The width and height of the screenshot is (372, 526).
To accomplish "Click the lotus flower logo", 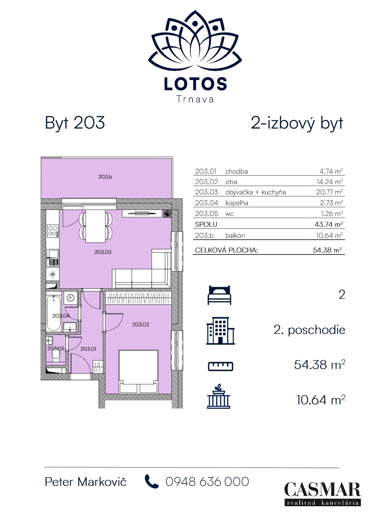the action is tap(195, 42).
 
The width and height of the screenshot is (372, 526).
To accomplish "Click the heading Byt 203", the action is tap(75, 123).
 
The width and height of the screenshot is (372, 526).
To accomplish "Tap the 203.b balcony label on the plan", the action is tap(105, 177).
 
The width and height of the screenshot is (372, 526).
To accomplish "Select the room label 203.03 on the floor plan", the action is tap(103, 252).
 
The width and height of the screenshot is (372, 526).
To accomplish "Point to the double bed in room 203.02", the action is tap(138, 372).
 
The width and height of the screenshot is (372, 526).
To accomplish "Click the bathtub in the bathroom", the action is tap(54, 313).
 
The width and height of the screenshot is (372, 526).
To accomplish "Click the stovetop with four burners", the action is tap(52, 231).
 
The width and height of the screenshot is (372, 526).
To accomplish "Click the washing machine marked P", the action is tap(71, 298).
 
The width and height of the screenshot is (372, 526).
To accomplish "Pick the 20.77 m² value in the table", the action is tap(329, 192).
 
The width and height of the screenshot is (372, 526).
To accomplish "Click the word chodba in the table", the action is tap(237, 171).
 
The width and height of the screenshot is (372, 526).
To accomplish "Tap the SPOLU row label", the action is tap(206, 224).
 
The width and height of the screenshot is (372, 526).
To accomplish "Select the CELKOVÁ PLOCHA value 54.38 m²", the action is tap(328, 250).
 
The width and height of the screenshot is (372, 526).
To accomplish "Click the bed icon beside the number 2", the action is tap(219, 295).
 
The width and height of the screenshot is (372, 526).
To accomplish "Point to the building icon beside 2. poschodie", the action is tap(220, 331).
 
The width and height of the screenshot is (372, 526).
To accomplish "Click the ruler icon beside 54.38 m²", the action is tap(221, 366).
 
